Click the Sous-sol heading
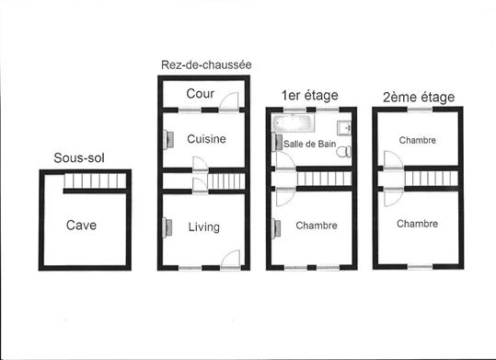79,157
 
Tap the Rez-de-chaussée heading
206,64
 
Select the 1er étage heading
310,96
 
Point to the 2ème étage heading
419,98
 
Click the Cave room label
81,226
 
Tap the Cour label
201,94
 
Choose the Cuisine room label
206,139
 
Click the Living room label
204,227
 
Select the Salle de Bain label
310,144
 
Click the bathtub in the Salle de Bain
293,122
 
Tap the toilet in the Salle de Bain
344,151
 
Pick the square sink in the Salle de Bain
344,128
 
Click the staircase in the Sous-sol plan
95,180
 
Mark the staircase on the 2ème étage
432,179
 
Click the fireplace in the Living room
167,227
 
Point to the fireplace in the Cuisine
168,140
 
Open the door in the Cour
229,101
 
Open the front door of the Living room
230,260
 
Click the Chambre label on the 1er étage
317,226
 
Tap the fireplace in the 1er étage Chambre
276,228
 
